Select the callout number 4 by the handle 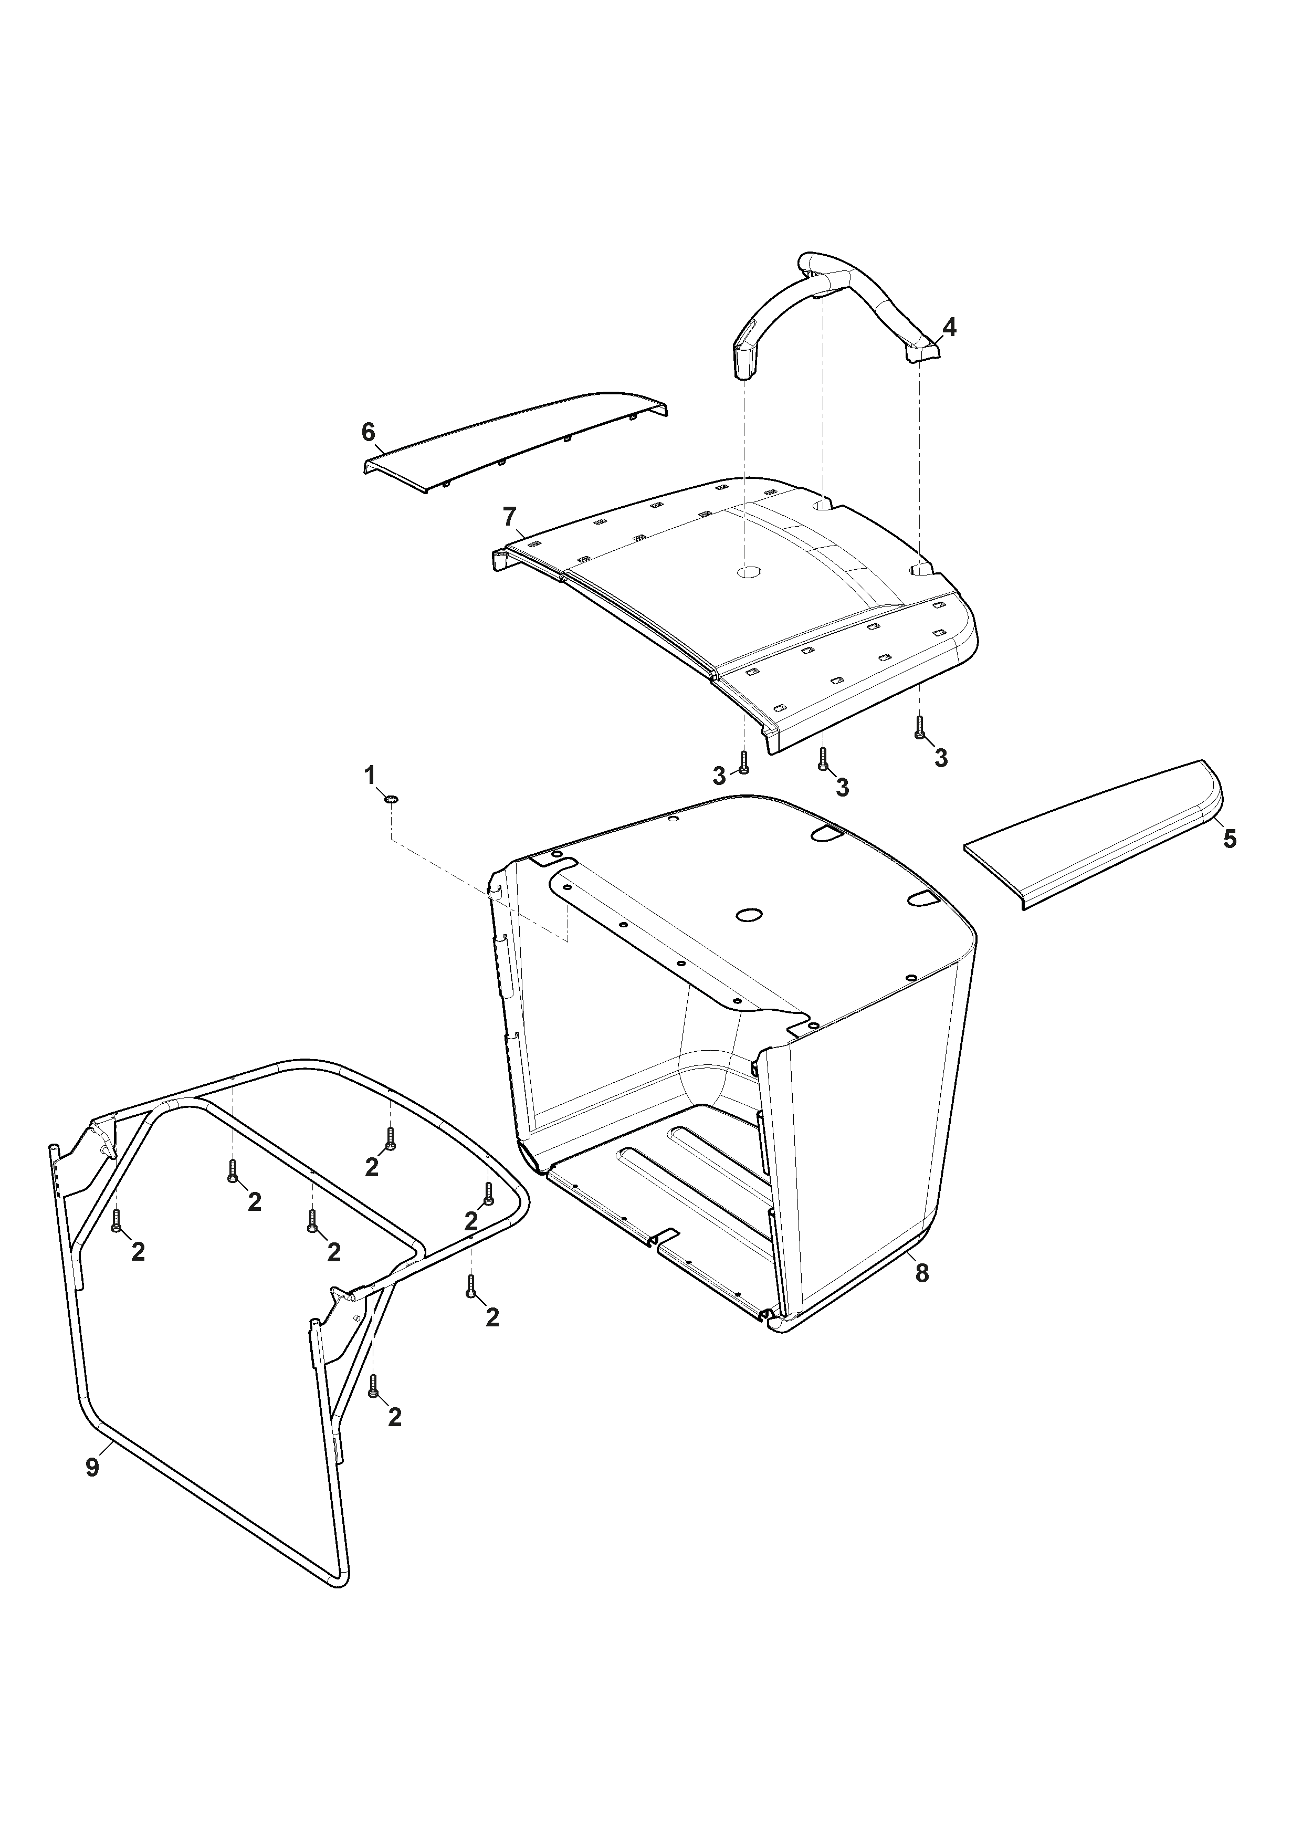pos(949,327)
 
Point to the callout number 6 pos(368,433)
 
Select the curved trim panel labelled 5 pos(1093,834)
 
